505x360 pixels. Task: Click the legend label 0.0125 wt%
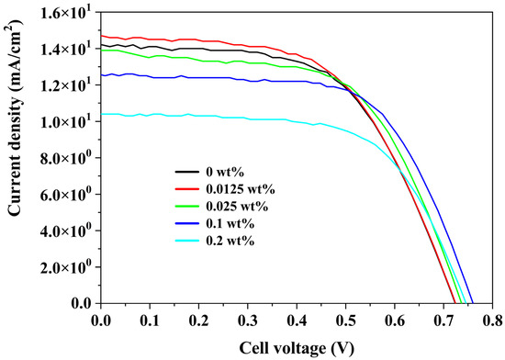click(241, 189)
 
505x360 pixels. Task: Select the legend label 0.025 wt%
click(237, 207)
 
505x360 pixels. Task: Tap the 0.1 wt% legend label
click(230, 223)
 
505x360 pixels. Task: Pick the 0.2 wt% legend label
click(230, 241)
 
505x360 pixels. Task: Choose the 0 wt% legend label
click(225, 173)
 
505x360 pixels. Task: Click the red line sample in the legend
click(186, 189)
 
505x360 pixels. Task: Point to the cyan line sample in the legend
click(186, 241)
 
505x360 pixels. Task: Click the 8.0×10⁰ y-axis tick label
click(69, 156)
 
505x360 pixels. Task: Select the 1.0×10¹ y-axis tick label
click(69, 120)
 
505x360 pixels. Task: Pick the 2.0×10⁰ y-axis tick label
click(69, 265)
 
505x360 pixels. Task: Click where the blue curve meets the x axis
click(473, 303)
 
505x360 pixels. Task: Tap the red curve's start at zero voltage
click(101, 36)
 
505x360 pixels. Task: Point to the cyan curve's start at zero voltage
click(101, 114)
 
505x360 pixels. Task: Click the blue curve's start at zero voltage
click(101, 75)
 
